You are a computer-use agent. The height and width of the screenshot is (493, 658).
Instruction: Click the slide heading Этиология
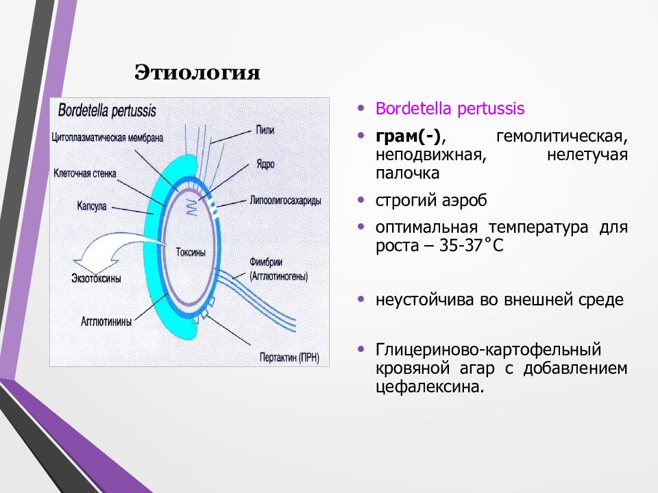[197, 72]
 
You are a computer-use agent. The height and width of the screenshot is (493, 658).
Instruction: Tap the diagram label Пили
[265, 130]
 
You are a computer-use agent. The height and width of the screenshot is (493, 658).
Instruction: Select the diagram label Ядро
[266, 164]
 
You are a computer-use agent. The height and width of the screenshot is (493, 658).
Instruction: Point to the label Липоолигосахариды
[285, 201]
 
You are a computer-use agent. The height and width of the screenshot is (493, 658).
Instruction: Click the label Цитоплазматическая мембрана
[108, 138]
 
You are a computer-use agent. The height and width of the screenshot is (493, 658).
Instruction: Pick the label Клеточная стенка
[85, 173]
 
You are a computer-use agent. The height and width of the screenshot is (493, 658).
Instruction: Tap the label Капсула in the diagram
[92, 206]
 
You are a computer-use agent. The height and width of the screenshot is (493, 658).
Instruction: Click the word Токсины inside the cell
[191, 253]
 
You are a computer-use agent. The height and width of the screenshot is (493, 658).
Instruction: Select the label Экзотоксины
[97, 279]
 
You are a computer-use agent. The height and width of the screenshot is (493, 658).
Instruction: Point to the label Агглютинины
[106, 322]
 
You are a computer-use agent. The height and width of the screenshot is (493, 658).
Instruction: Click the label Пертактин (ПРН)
[289, 357]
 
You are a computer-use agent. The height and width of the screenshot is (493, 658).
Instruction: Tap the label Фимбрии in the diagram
[266, 262]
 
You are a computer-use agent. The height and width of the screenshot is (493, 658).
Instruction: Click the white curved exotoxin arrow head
[95, 263]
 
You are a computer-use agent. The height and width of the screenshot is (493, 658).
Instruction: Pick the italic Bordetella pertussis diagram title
[107, 111]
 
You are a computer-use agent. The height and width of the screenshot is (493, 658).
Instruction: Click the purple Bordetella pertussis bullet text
[450, 108]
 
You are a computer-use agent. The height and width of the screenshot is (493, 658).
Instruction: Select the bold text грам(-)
[408, 136]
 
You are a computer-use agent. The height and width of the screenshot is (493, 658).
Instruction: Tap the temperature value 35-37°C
[471, 245]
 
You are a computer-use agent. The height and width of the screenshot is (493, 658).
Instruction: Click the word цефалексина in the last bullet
[430, 386]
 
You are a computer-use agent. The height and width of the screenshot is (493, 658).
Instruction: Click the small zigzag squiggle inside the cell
[191, 207]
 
